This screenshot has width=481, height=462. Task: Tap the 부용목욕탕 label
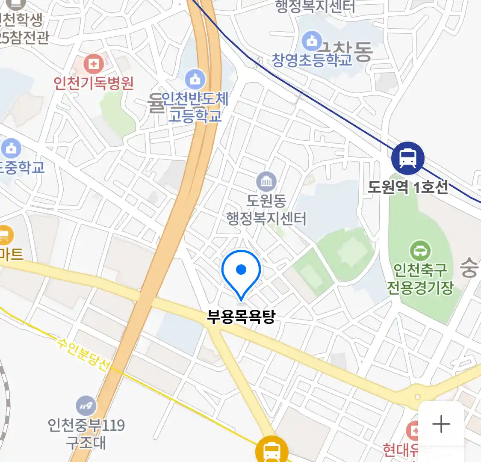tap(241, 317)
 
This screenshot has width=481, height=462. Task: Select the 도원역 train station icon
tap(407, 158)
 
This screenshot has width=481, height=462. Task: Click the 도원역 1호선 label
tap(408, 187)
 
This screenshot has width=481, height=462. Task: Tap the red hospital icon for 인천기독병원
tap(94, 65)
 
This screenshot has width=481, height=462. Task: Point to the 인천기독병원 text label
tap(94, 83)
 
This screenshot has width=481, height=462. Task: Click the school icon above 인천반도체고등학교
tap(195, 80)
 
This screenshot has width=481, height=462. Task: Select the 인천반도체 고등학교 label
tap(195, 107)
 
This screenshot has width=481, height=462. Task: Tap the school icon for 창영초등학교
tap(312, 41)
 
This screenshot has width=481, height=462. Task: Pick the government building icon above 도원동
tap(266, 182)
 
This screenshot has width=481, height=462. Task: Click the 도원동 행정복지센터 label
tap(266, 210)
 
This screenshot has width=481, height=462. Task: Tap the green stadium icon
tap(420, 250)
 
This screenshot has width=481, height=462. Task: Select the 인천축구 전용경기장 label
tap(420, 278)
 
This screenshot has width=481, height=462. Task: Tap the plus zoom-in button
tap(441, 424)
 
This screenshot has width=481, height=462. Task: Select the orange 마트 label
tap(11, 255)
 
